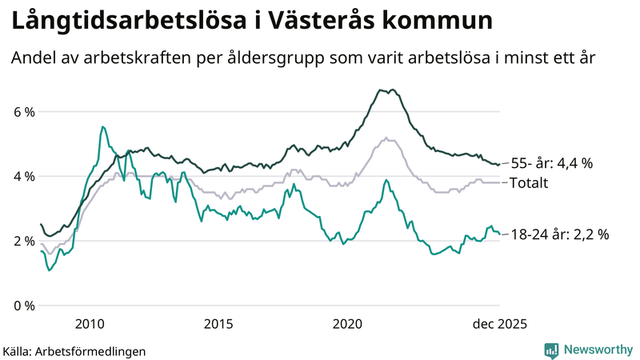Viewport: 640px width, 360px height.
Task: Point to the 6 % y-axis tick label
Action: pos(23,112)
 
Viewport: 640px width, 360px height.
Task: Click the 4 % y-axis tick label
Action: pos(23,176)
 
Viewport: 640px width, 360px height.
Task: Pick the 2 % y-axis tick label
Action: pos(23,241)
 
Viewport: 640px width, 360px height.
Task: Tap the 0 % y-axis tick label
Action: pos(23,306)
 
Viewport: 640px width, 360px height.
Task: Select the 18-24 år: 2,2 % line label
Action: pos(559,234)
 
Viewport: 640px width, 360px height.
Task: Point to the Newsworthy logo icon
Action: pos(551,350)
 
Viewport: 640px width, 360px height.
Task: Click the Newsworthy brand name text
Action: pos(597,350)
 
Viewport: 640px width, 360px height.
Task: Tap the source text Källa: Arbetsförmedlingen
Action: pos(74,350)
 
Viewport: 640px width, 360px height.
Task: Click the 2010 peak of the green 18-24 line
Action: pos(102,126)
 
